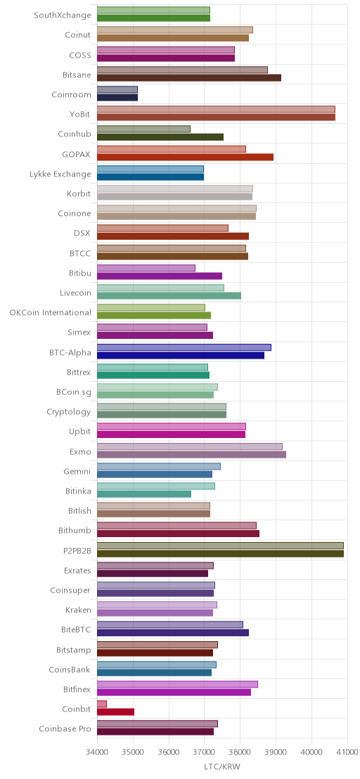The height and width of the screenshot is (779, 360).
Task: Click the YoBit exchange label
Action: point(80,115)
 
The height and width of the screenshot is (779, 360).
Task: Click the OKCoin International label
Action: point(51,312)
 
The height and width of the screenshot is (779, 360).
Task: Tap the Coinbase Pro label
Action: point(65,729)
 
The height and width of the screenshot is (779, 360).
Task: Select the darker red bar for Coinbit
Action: point(116,712)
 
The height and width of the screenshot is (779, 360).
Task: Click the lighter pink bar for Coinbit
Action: point(102,704)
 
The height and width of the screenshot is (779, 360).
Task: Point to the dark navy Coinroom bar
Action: point(117,97)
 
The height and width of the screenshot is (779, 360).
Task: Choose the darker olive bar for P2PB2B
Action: point(221,553)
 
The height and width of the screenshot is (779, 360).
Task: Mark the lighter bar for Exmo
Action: point(190,446)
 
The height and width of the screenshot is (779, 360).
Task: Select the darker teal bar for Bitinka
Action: point(144,494)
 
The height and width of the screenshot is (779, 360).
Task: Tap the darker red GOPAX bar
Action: point(185,157)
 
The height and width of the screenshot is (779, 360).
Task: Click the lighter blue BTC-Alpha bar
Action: point(184,347)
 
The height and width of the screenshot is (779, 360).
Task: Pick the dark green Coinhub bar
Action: point(160,137)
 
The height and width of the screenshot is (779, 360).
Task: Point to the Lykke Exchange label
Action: point(60,174)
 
